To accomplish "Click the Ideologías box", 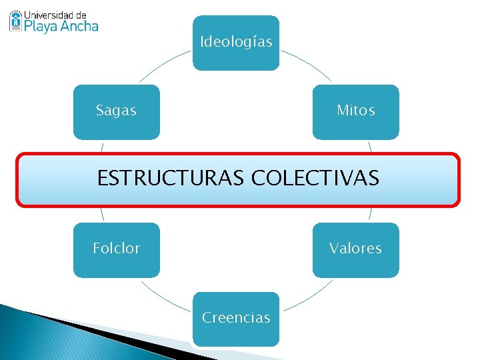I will tap(236, 43).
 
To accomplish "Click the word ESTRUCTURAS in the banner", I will tap(171, 179).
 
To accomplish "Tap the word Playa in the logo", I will tap(41, 26).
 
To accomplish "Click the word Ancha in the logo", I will tap(79, 26).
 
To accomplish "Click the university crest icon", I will tap(15, 21).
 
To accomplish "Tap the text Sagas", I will tap(116, 111).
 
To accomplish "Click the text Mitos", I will tap(356, 111).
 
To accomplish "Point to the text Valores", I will tap(355, 249).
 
